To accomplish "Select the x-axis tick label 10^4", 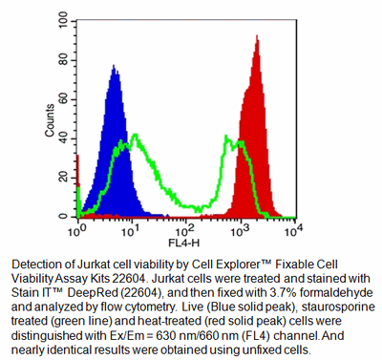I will [292, 230].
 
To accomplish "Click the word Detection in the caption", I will [35, 262].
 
